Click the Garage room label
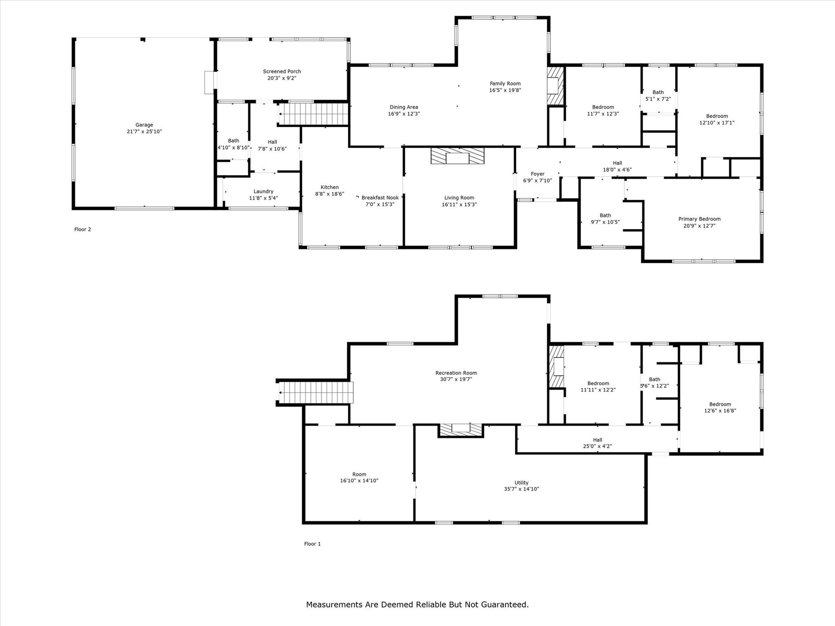144,125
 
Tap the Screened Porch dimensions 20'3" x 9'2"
282,78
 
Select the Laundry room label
263,192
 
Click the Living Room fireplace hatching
457,156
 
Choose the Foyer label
537,174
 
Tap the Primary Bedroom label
699,219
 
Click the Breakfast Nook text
380,198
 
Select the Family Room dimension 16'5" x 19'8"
505,90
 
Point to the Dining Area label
404,108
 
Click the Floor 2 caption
83,229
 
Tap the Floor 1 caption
312,544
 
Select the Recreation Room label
456,373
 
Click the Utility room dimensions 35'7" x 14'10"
521,489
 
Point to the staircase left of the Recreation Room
315,392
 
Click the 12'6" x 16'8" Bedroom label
720,405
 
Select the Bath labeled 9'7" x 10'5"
605,216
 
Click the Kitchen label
329,187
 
